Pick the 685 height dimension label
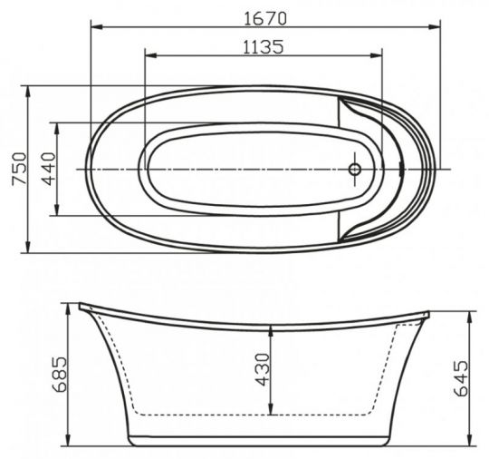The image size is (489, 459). (x=60, y=374)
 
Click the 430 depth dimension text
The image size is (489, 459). (x=263, y=370)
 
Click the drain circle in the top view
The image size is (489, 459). (x=356, y=169)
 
